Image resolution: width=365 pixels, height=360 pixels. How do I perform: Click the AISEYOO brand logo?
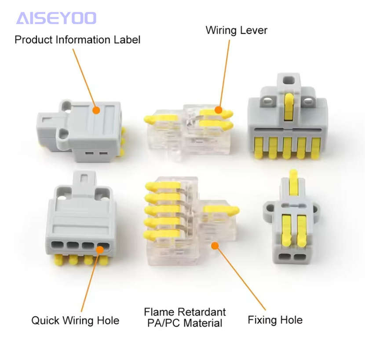click(56, 18)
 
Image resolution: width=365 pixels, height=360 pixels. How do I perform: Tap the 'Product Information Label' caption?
click(77, 40)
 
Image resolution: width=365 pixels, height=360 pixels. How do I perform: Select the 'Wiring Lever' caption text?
click(236, 30)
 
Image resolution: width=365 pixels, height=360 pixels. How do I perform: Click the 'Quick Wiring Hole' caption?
click(75, 320)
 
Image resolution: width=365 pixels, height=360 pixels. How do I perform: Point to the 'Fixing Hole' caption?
click(275, 320)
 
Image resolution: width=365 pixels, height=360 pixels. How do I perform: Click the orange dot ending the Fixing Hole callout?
click(215, 245)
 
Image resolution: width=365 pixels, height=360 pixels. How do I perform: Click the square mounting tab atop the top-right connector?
click(288, 81)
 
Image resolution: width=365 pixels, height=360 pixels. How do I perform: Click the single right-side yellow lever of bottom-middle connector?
click(227, 210)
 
